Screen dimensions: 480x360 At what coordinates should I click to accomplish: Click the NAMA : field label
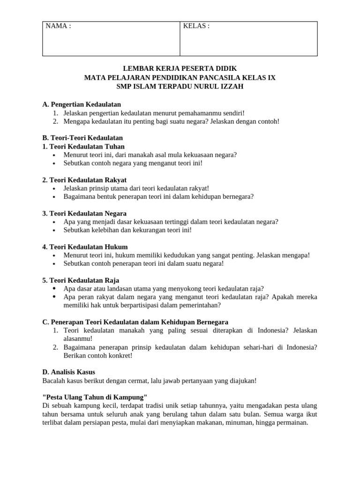[58, 26]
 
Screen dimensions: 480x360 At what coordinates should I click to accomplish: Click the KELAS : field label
[196, 26]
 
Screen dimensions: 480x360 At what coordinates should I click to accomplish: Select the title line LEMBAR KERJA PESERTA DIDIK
[180, 68]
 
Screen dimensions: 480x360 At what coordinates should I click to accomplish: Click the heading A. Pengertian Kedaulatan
[82, 104]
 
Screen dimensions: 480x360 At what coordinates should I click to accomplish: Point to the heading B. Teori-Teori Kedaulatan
[82, 138]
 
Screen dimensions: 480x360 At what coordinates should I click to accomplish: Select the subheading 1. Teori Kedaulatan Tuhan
[83, 146]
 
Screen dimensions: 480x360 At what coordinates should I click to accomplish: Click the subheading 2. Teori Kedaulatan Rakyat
[84, 180]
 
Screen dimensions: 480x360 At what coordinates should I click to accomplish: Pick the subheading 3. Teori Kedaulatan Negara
[84, 213]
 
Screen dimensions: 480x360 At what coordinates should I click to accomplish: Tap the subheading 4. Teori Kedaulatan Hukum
[85, 247]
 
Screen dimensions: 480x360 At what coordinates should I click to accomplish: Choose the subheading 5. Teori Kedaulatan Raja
[81, 280]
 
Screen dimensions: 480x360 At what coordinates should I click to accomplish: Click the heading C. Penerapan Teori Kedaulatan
[135, 322]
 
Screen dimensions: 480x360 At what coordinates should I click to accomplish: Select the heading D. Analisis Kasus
[68, 372]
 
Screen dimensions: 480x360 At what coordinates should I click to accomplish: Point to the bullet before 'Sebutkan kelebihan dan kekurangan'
[55, 230]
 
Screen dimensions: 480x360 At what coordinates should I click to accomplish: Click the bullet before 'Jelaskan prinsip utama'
[55, 188]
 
